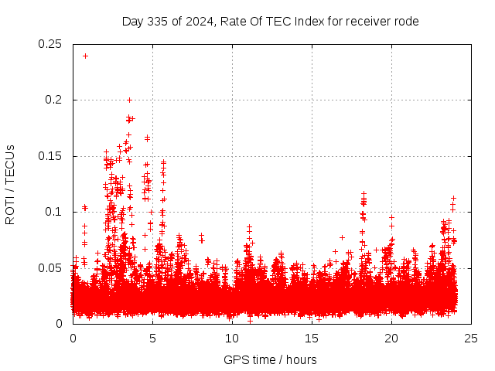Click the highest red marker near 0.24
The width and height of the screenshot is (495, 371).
coord(85,56)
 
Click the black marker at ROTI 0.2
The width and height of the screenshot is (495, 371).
coord(129,100)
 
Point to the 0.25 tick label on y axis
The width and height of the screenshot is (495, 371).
coord(50,44)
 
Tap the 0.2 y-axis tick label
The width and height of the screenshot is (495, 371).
coord(53,100)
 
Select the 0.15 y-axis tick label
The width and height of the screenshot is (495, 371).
coord(50,156)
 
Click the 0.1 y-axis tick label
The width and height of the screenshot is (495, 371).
coord(53,212)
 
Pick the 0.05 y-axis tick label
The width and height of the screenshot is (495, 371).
coord(50,267)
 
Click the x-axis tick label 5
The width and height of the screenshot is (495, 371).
coord(152,338)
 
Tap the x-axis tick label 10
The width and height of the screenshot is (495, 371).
coord(232,338)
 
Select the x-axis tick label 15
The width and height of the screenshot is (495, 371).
coord(312,338)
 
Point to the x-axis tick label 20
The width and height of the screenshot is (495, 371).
coord(391,338)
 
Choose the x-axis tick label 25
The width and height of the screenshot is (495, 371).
coord(471,338)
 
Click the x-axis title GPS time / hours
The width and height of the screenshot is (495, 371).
coord(270,359)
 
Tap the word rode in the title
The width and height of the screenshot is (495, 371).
coord(405,21)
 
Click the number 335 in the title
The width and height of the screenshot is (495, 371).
coord(159,21)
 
